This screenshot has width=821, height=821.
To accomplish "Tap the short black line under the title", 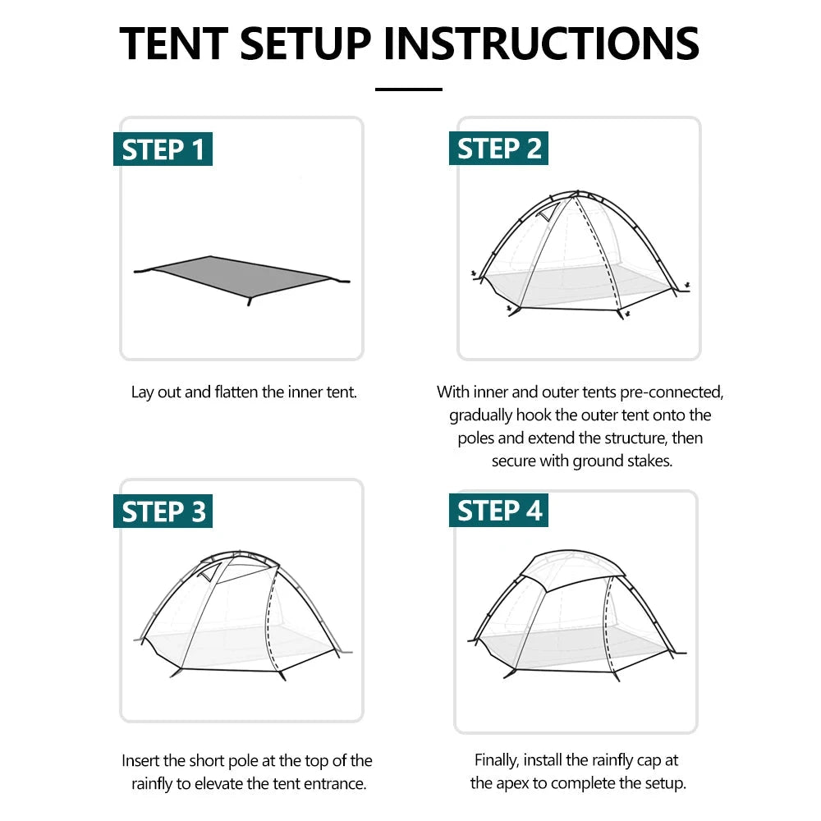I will click(409, 89).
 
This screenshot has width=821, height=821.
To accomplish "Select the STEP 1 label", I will click(163, 150).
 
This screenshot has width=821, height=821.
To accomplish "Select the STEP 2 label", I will click(499, 149).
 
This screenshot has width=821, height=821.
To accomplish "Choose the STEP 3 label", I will click(163, 511).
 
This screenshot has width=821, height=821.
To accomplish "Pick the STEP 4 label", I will click(499, 511).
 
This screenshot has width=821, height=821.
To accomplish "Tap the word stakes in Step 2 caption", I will click(649, 461).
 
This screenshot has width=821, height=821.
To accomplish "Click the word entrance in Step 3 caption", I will click(333, 783).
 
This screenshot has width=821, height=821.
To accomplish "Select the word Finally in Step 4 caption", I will click(498, 760).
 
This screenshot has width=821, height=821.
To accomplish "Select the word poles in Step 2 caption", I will click(476, 438).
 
